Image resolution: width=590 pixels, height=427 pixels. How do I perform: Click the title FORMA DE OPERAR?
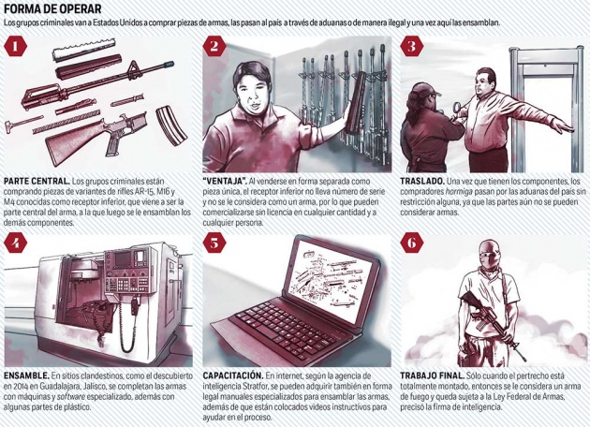click(x=53, y=9)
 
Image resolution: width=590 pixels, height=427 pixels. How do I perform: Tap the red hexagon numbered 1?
click(x=15, y=46)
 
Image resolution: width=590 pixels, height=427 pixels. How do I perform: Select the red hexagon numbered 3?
click(x=412, y=46)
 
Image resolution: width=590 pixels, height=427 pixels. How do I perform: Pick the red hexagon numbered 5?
click(x=214, y=243)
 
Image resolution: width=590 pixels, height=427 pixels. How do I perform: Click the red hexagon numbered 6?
click(x=412, y=243)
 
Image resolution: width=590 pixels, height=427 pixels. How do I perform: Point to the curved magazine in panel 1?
click(x=171, y=126)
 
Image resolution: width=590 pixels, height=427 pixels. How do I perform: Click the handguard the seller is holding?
click(x=355, y=102)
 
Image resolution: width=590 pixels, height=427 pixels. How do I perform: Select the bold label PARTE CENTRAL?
click(x=37, y=182)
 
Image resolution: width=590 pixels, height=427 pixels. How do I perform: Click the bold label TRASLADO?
click(x=422, y=182)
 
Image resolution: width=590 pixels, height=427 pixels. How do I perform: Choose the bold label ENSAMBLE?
click(x=26, y=375)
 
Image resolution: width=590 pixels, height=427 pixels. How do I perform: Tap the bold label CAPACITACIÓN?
click(x=233, y=375)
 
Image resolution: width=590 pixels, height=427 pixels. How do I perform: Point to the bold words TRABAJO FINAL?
click(x=432, y=375)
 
